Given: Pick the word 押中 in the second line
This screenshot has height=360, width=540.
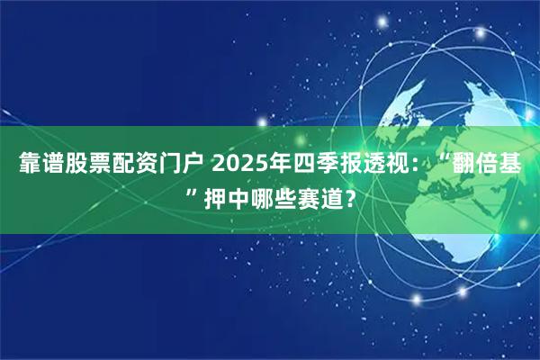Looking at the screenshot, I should (x=222, y=195).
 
